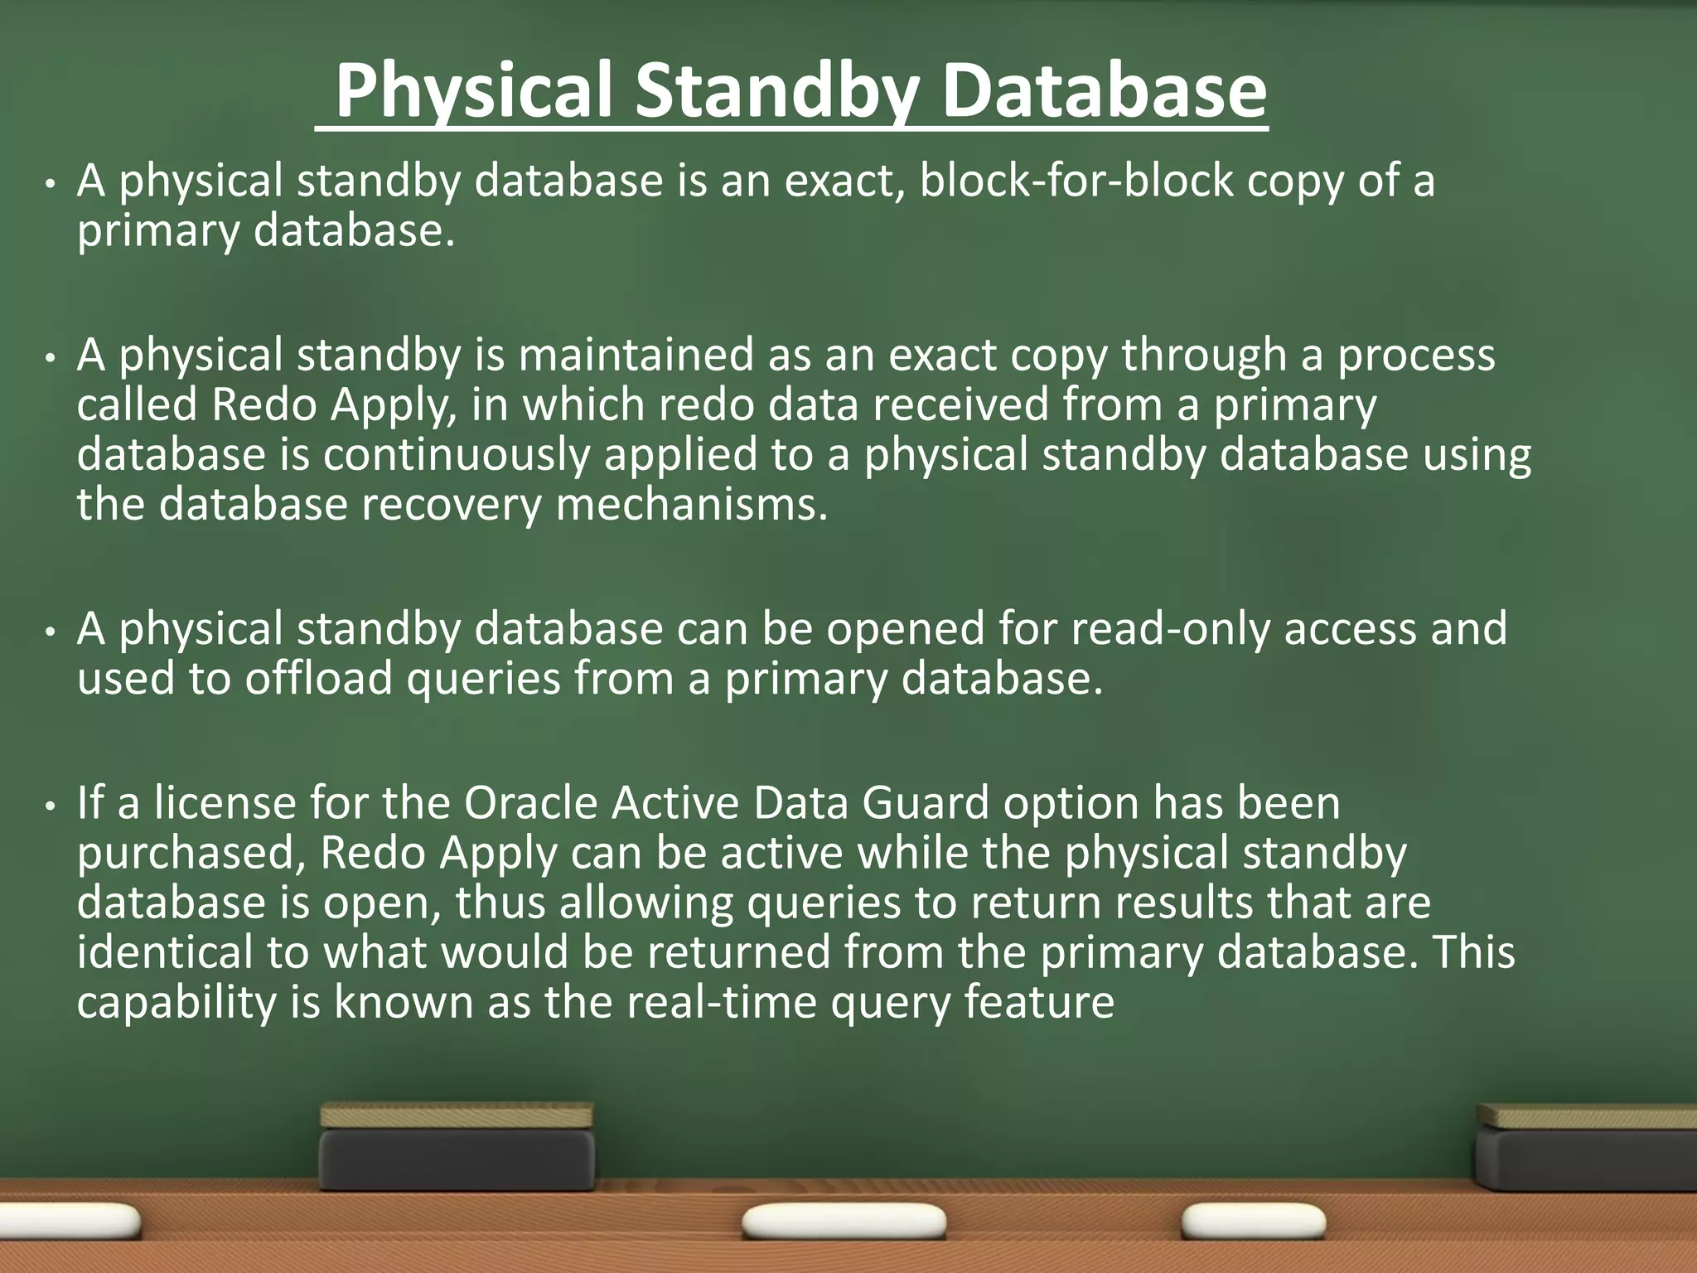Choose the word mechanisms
pyautogui.click(x=691, y=505)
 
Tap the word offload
pyautogui.click(x=318, y=679)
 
